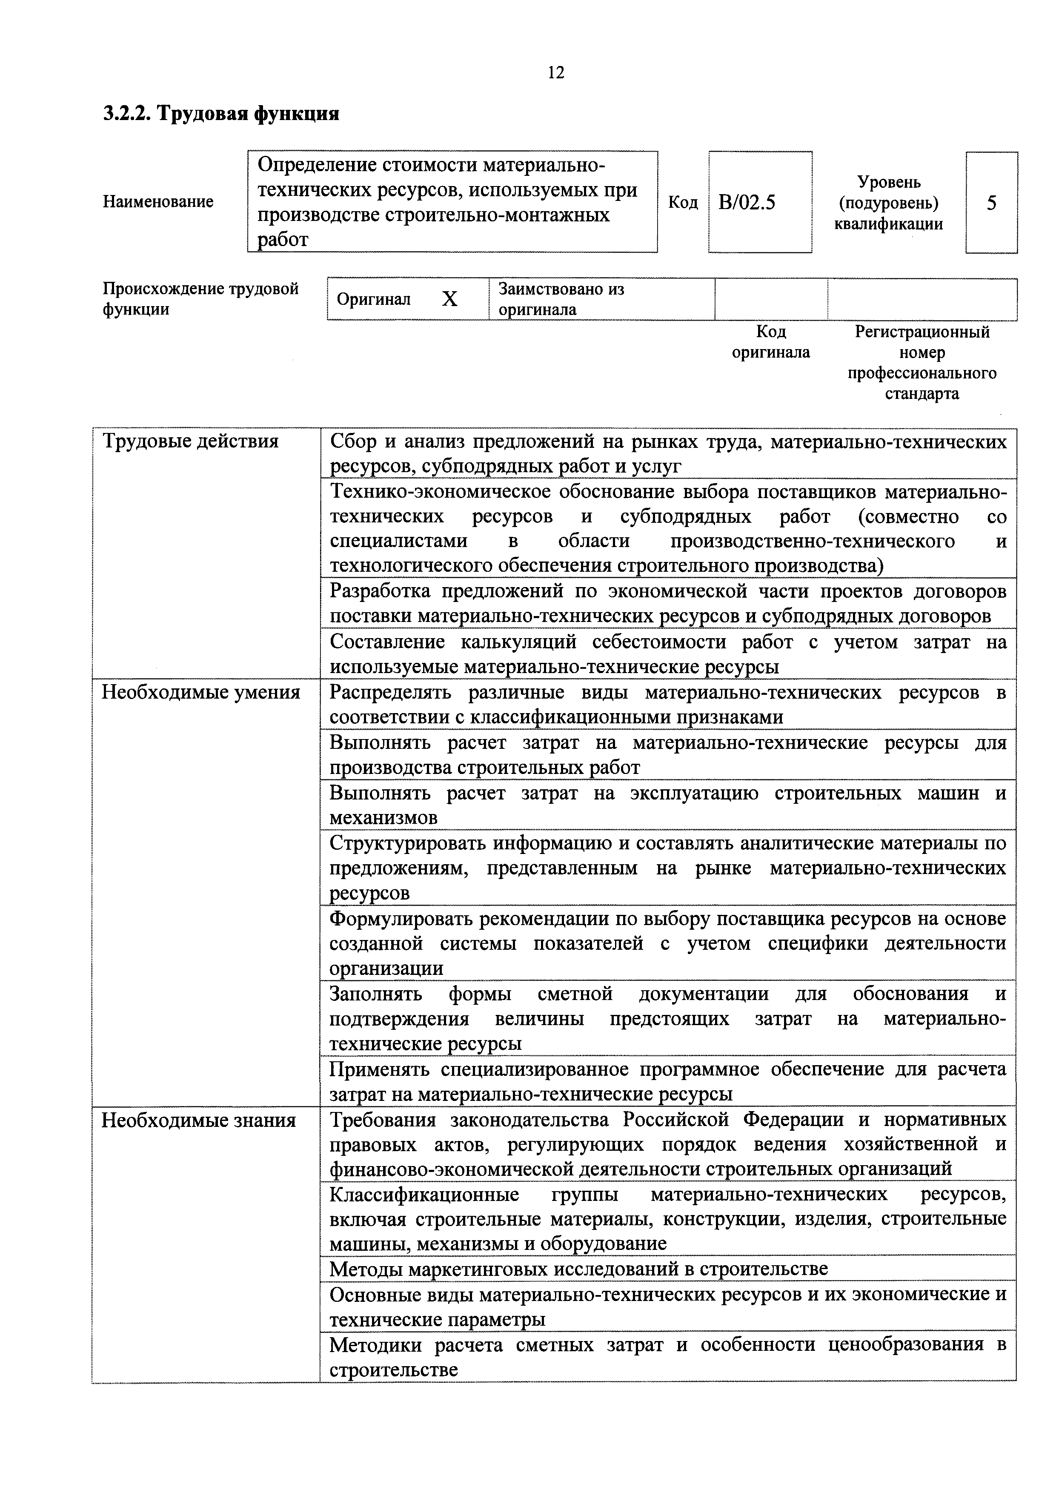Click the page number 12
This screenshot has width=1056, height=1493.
coord(556,72)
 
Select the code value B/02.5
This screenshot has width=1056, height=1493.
coord(747,203)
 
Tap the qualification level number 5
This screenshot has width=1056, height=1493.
coord(991,203)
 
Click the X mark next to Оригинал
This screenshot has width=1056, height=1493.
coord(449,299)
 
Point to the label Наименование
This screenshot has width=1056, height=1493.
coord(158,202)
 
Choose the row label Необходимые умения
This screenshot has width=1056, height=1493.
coord(201,693)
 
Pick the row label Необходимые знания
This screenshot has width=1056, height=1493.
coord(199,1120)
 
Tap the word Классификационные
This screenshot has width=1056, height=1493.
coord(424,1195)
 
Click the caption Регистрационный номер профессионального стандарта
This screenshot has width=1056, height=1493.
coord(921,363)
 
